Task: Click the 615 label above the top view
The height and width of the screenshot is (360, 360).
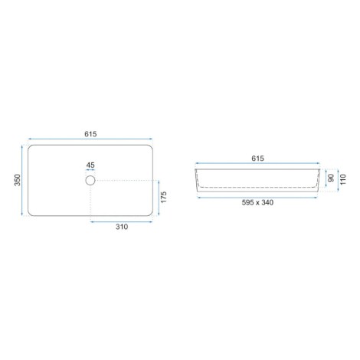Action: (x=90, y=134)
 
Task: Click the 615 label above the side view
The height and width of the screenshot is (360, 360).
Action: (x=257, y=159)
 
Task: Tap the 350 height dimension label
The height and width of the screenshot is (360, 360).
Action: (x=18, y=180)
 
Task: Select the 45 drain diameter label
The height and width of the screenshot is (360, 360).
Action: (x=90, y=165)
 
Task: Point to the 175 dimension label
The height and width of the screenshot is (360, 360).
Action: (x=164, y=197)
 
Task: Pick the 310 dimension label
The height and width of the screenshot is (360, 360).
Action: (x=122, y=227)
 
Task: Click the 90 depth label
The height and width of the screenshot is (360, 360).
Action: (x=331, y=178)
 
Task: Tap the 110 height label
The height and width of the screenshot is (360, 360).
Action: (x=342, y=179)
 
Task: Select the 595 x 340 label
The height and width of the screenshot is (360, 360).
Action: (x=257, y=202)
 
